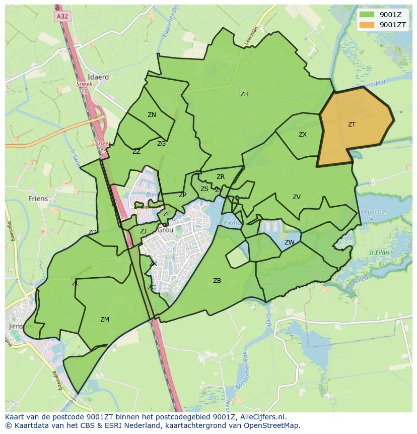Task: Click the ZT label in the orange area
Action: pos(352,124)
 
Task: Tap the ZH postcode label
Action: pos(244,94)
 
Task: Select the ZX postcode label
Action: pos(303,135)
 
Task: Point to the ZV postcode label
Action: pos(297,197)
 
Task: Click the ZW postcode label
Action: pos(290,242)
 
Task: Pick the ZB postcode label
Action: pos(217,281)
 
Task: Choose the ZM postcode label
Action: pos(105,320)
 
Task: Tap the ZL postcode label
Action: pos(76,283)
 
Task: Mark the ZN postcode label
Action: pos(152,115)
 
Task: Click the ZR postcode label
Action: pos(221,177)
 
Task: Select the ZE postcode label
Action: pos(167,214)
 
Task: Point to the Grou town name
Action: pos(165,230)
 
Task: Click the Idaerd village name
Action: pos(98,77)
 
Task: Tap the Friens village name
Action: pos(38,199)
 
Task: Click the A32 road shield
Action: pos(62,16)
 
